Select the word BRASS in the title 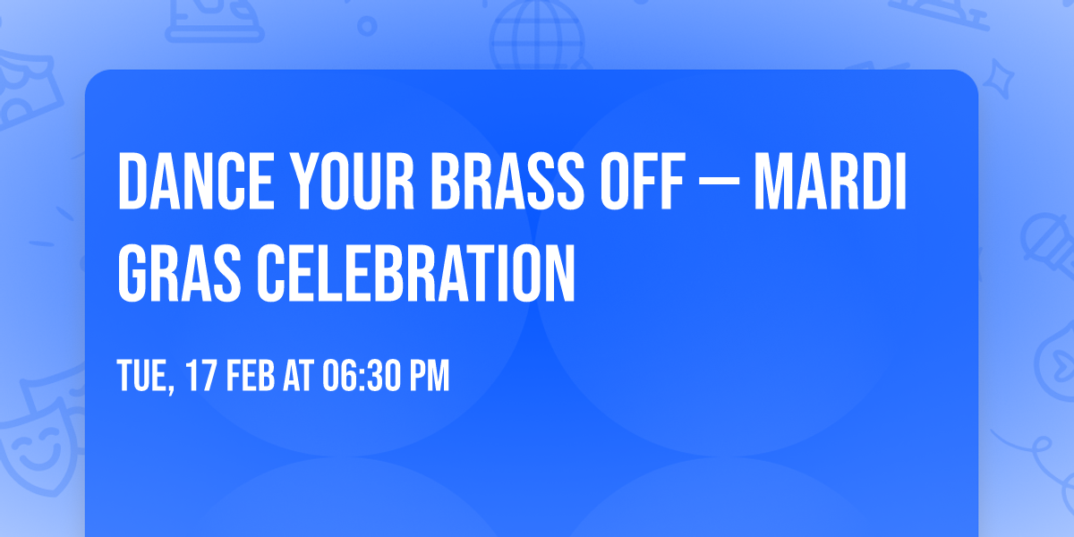(508, 181)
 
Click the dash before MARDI (720, 183)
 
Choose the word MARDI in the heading (831, 181)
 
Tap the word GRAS (179, 273)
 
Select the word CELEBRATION (415, 273)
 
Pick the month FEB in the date (251, 375)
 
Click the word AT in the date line (298, 375)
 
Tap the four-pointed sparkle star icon (998, 79)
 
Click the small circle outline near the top (367, 26)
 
